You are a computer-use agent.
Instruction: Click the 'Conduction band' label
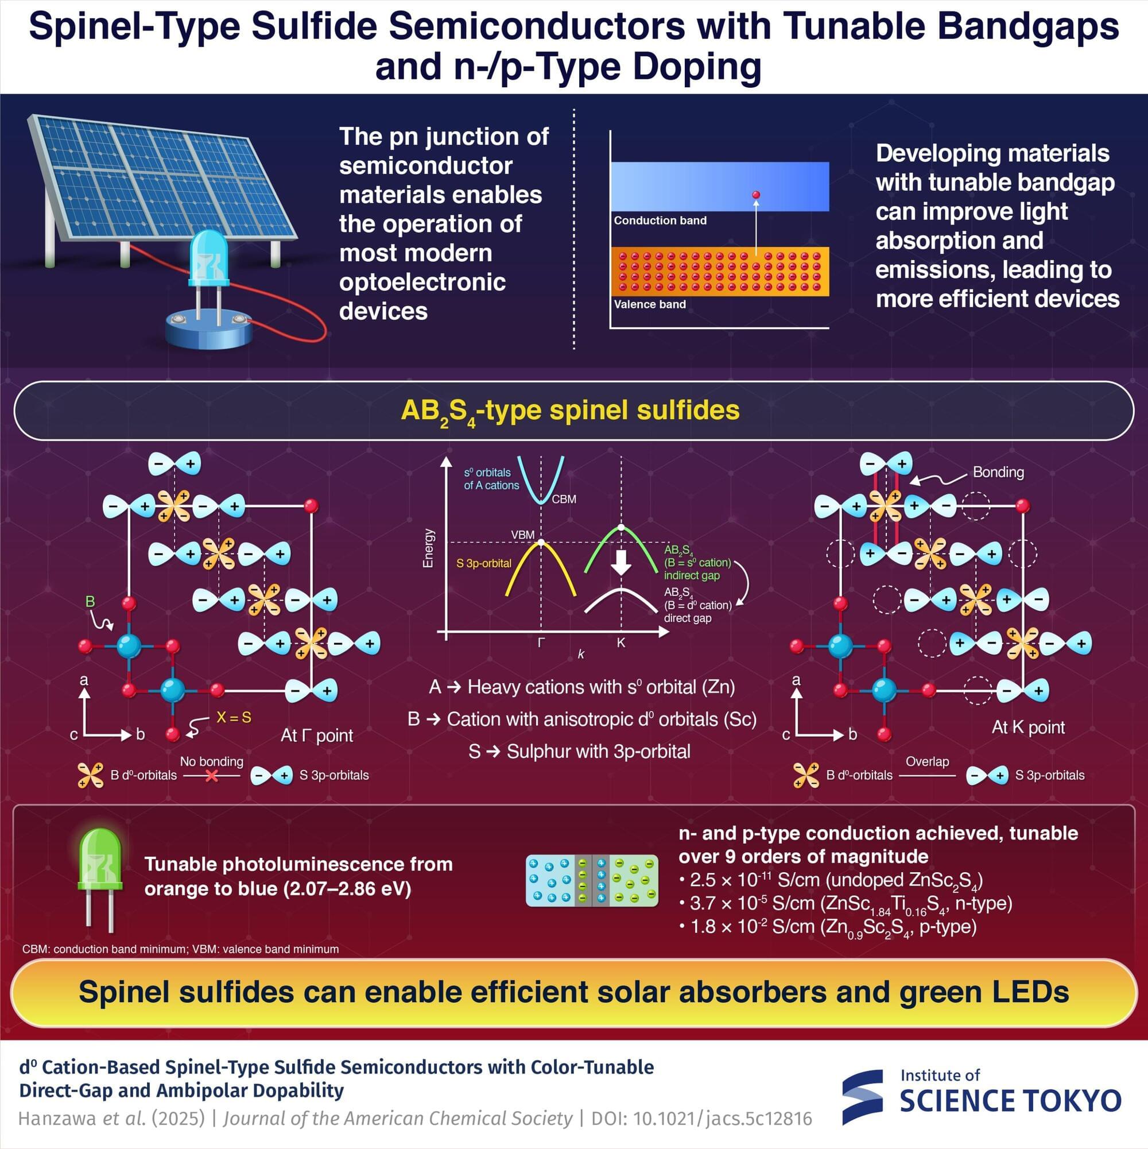click(x=660, y=220)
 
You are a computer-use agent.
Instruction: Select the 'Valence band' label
click(x=649, y=304)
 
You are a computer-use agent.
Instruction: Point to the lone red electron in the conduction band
click(x=755, y=195)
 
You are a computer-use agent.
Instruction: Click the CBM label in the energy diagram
click(x=564, y=500)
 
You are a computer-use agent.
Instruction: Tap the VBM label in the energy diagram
click(x=522, y=535)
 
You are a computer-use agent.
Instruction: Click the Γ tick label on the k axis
click(x=541, y=643)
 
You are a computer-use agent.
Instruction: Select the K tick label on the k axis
click(x=620, y=643)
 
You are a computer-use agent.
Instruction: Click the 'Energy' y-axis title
click(x=428, y=548)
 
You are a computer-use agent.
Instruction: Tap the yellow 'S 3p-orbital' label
click(x=483, y=563)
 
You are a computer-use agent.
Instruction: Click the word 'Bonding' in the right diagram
click(x=998, y=472)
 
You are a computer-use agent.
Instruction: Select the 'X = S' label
click(x=234, y=718)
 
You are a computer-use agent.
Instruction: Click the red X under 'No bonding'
click(x=211, y=776)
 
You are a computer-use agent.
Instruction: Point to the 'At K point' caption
click(x=1028, y=728)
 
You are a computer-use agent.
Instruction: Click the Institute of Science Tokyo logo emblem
click(x=863, y=1097)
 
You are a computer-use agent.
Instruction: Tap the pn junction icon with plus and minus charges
click(x=592, y=880)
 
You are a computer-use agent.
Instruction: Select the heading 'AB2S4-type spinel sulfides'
click(x=569, y=411)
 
